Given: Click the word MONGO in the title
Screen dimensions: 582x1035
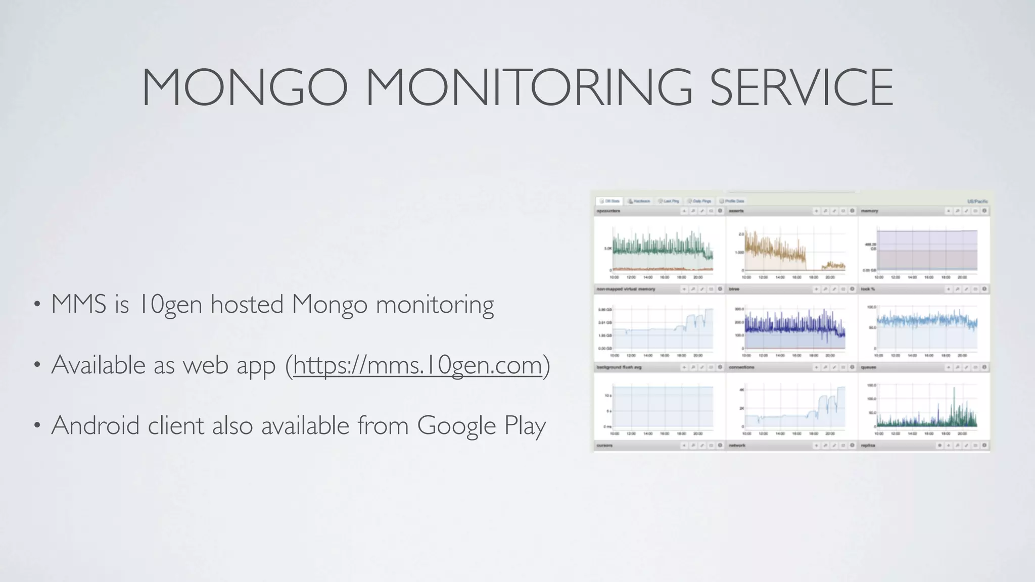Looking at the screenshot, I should click(x=245, y=87).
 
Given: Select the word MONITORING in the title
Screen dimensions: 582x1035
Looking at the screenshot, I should click(x=529, y=87).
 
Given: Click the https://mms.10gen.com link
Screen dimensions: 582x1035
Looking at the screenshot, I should click(x=417, y=365).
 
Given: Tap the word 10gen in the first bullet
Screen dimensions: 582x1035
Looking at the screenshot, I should click(x=170, y=305).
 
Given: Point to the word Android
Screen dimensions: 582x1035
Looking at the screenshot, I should click(x=95, y=425).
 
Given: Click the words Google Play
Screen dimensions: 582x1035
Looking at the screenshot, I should click(x=481, y=425).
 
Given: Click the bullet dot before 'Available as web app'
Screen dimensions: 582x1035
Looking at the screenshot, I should click(x=36, y=365).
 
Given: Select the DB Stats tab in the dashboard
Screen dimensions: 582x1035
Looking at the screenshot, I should click(x=609, y=201).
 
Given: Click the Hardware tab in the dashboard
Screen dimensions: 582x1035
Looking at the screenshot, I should click(x=639, y=201).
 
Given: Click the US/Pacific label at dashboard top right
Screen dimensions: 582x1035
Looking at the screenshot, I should click(x=977, y=202).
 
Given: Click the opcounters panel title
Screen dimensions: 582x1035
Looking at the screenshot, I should click(x=608, y=211).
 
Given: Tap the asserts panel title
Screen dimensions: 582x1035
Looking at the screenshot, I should click(x=736, y=211).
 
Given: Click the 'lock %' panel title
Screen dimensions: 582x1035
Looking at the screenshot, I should click(x=868, y=289).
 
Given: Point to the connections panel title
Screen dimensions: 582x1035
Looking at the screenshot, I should click(x=741, y=367).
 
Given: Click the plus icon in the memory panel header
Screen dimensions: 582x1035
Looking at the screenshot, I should click(x=948, y=211).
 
